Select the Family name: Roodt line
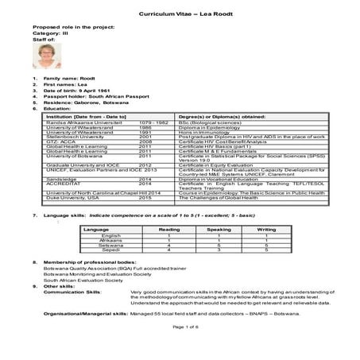(x=64, y=81)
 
